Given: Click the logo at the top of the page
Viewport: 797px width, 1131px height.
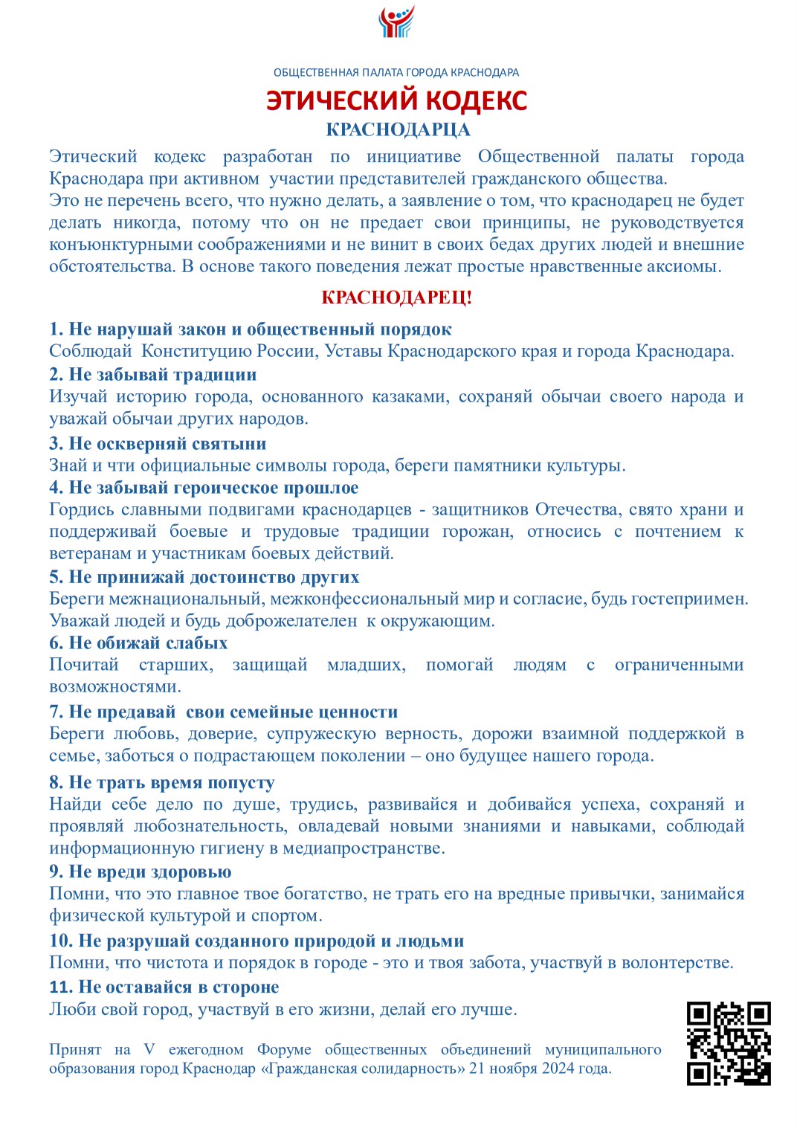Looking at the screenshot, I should [x=397, y=22].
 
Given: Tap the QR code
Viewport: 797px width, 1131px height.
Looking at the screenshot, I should [x=728, y=1043].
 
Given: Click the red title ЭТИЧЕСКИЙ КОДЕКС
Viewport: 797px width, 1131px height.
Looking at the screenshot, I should [x=397, y=100].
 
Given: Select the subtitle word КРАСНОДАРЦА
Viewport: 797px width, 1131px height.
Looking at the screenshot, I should [x=398, y=129].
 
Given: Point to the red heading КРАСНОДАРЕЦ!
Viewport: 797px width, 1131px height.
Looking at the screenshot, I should [x=397, y=298].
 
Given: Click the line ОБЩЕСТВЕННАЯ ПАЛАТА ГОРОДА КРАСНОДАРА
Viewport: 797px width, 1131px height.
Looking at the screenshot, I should [x=396, y=73].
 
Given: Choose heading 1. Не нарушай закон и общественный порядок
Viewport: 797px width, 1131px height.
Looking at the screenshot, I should [x=251, y=329].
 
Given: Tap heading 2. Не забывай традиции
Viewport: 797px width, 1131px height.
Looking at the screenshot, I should [x=153, y=375].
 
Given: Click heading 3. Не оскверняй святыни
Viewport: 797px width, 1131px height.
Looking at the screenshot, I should [x=158, y=444].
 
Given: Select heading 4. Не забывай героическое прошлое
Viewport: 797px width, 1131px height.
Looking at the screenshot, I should [x=204, y=488].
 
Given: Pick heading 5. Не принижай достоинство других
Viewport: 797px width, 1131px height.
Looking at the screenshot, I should [x=204, y=577].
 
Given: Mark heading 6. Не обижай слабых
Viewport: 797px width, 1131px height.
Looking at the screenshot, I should [x=138, y=643].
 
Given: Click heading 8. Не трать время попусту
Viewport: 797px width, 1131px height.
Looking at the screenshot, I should [x=162, y=782].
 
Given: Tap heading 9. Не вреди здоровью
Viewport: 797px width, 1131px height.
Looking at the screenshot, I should [x=141, y=871].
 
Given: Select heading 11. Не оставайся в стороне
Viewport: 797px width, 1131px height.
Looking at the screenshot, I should [x=164, y=987].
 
